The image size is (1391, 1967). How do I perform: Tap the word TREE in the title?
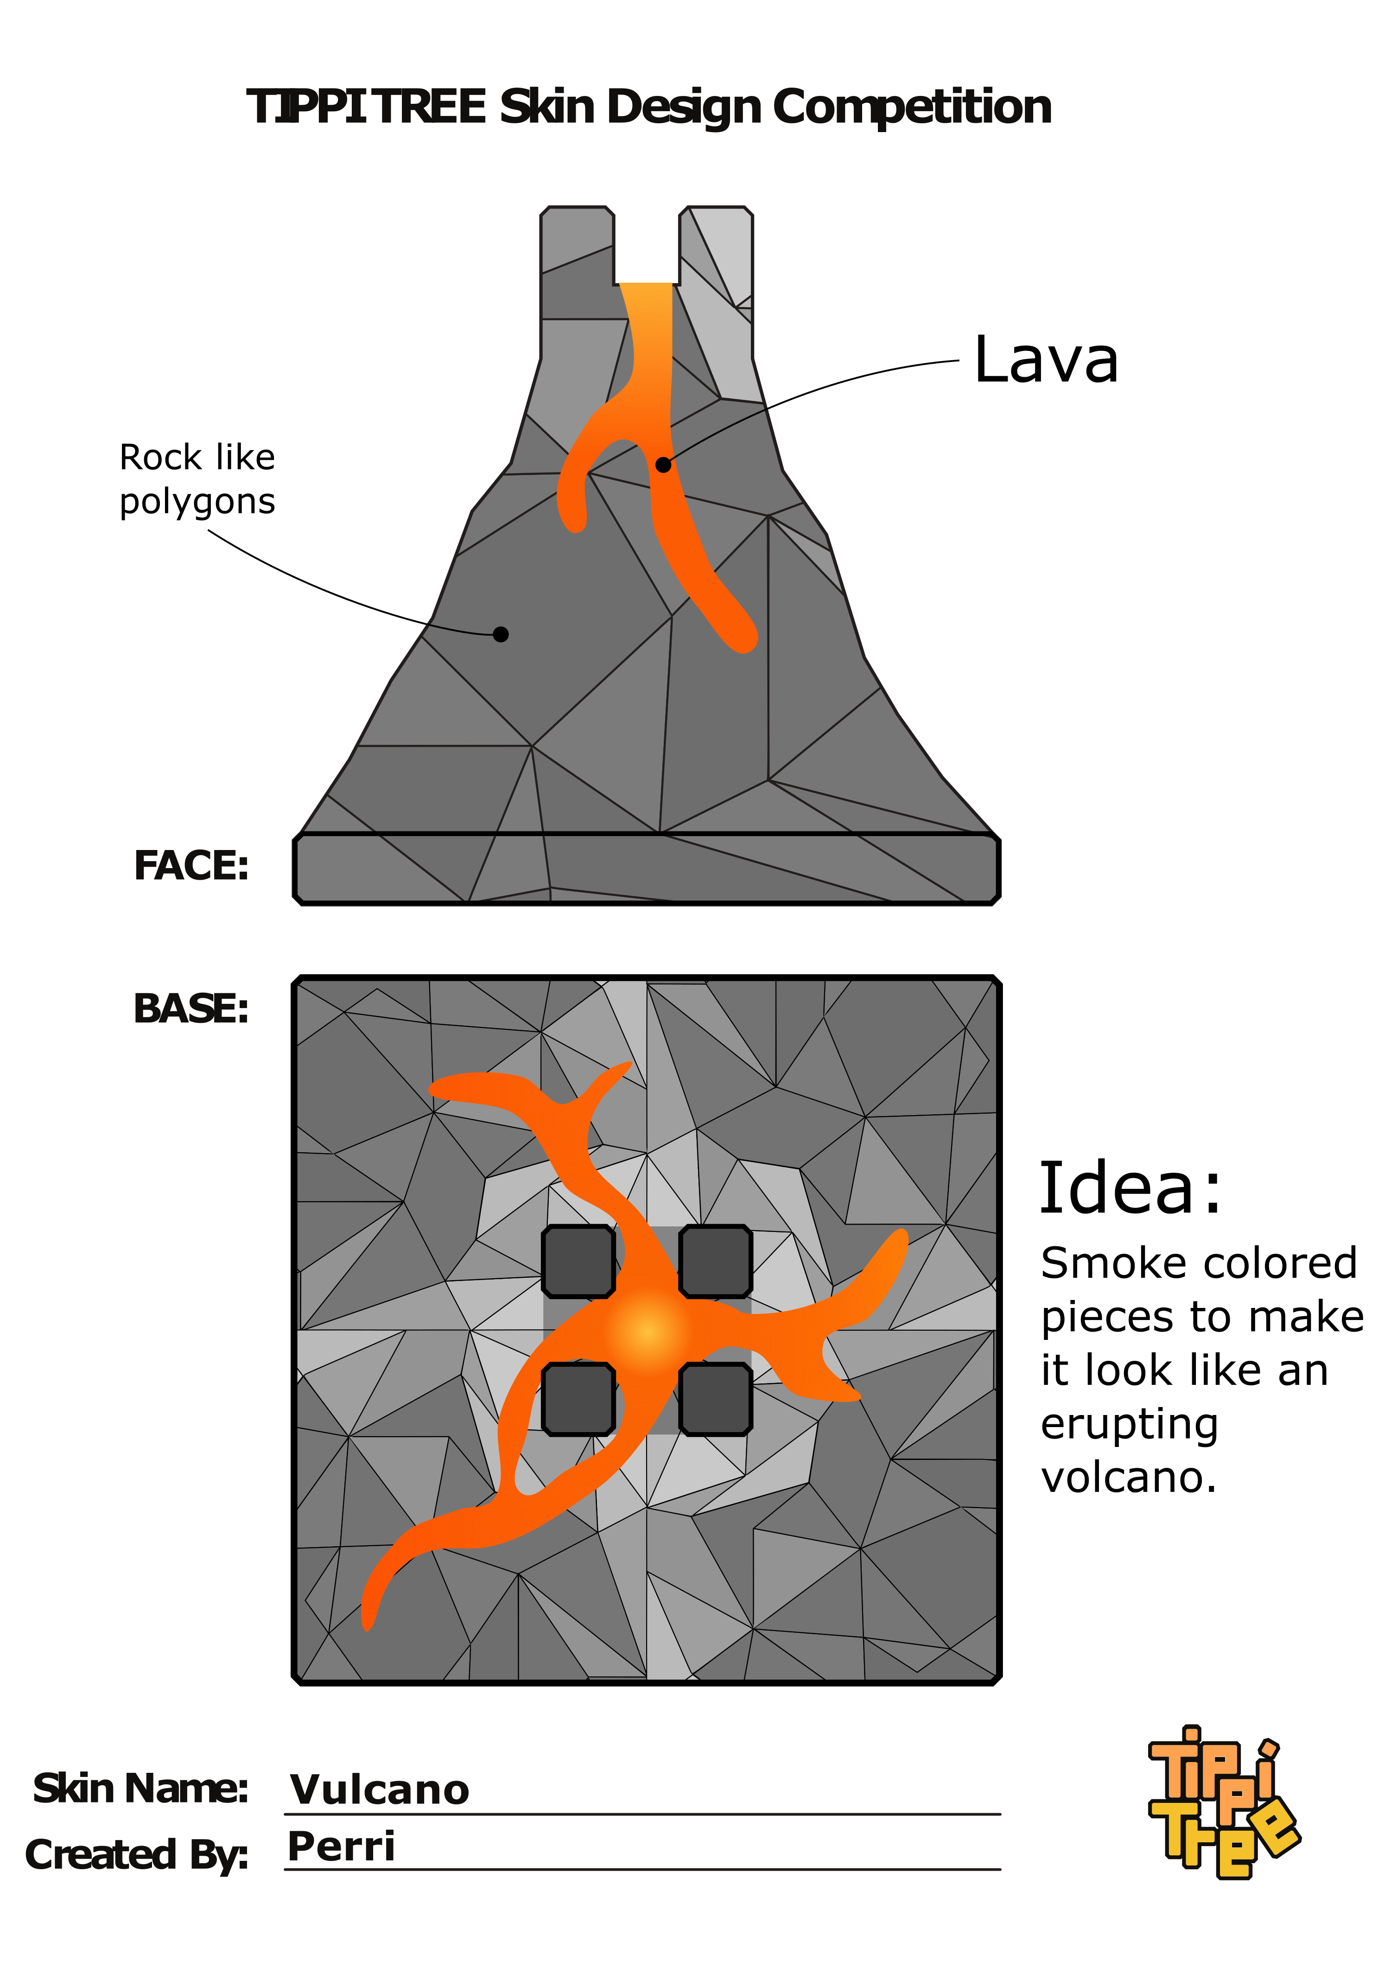(430, 107)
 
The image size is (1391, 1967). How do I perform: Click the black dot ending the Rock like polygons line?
(501, 634)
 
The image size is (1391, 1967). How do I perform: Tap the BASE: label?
(191, 1009)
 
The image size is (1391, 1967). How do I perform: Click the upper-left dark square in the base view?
(578, 1261)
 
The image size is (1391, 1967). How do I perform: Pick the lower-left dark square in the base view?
(578, 1398)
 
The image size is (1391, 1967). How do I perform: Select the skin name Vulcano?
(380, 1789)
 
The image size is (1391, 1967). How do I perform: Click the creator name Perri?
(341, 1846)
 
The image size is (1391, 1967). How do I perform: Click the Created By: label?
(137, 1855)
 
